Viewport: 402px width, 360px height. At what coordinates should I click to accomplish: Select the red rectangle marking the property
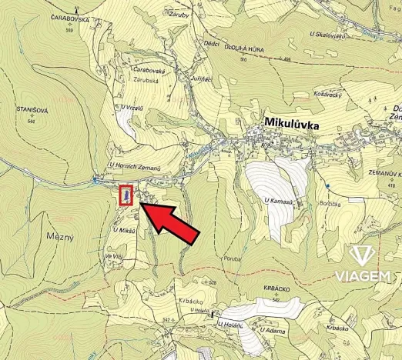coord(126,197)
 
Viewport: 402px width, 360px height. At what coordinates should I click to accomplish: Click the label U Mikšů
coord(124,229)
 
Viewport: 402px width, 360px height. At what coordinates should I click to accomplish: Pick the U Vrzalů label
coord(133,107)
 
